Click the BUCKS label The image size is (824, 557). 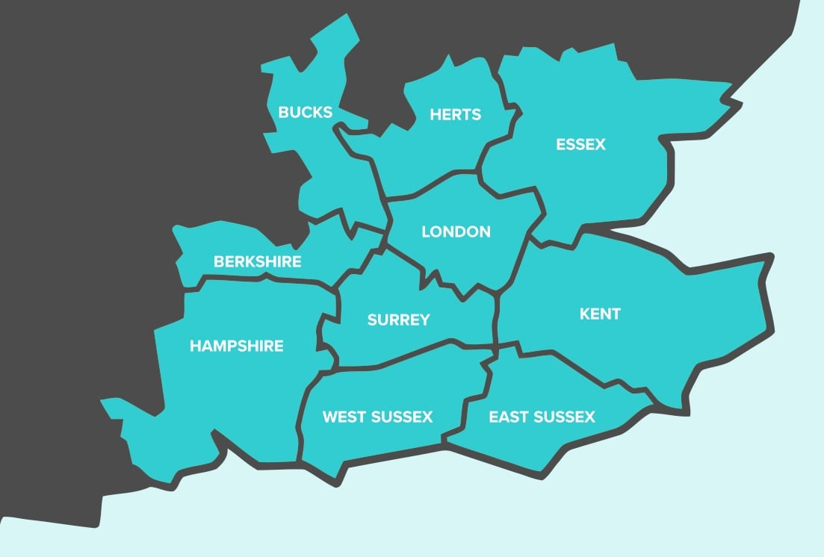(305, 112)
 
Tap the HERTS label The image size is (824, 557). (456, 114)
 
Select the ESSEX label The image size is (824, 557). (580, 144)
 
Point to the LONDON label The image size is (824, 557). (456, 231)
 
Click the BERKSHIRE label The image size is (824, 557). (258, 261)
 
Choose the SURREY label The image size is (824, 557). (398, 320)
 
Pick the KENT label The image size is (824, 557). (600, 314)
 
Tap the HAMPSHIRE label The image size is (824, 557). (236, 346)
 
